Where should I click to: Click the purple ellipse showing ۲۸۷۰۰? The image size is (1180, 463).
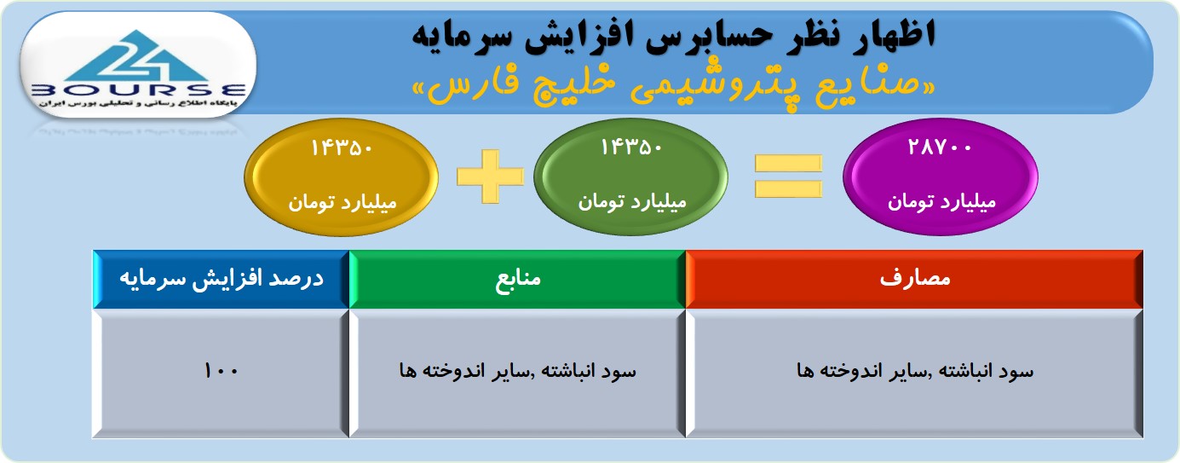click(941, 177)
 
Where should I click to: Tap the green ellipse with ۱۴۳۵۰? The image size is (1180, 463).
click(630, 177)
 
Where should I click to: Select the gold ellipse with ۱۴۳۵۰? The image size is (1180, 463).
click(342, 177)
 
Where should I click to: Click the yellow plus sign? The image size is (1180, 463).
click(490, 177)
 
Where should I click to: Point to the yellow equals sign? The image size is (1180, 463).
click(788, 177)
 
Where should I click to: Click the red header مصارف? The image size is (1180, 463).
click(914, 279)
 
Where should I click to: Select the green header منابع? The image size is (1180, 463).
click(517, 279)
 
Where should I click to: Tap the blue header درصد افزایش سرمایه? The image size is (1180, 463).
click(221, 279)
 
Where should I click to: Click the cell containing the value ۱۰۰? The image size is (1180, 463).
click(221, 373)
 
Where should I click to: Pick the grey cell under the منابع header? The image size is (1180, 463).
click(517, 373)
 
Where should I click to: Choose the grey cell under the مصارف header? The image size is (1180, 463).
click(914, 373)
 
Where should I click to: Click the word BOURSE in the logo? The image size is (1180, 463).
click(138, 90)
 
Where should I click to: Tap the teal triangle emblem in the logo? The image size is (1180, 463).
click(137, 55)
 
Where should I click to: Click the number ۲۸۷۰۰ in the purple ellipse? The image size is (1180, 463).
click(940, 148)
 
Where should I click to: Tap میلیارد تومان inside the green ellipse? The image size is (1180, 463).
click(632, 201)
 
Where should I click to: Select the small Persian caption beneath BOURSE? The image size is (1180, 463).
click(138, 103)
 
